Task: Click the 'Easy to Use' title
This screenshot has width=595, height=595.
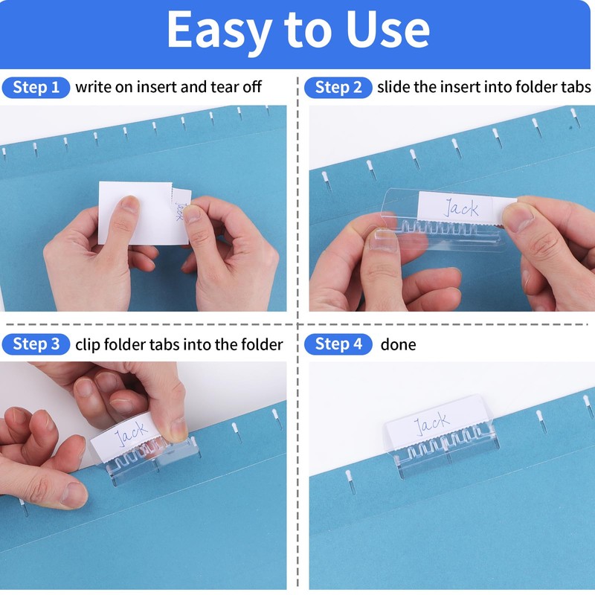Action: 297,31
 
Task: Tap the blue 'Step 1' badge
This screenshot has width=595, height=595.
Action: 36,88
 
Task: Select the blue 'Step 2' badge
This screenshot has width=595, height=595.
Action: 338,88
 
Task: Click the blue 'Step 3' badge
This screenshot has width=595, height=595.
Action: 36,344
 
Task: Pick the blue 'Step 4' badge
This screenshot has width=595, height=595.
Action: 338,344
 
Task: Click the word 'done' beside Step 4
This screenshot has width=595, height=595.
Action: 398,345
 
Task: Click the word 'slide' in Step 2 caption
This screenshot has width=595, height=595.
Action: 393,88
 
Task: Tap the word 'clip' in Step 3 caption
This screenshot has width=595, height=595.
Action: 86,345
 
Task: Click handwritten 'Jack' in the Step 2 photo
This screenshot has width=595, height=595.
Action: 461,208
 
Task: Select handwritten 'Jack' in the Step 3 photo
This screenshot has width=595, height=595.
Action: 131,434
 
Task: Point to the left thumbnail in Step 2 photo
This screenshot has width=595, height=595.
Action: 382,239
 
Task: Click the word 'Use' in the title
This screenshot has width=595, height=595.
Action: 387,31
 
